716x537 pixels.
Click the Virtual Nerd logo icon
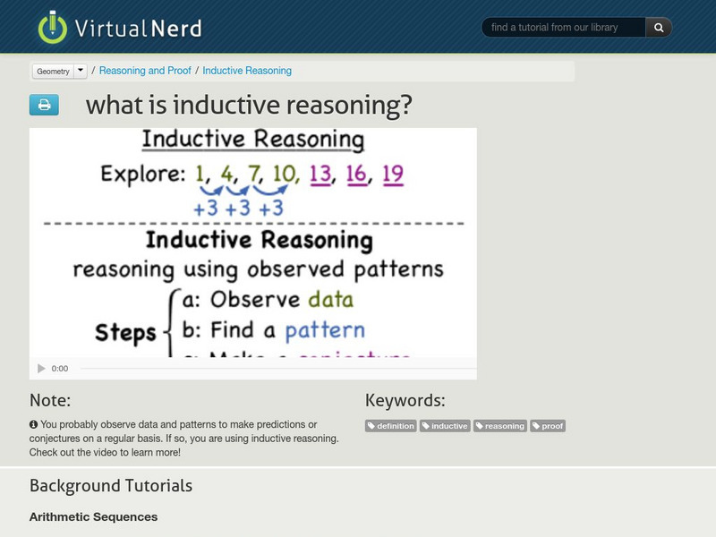pos(53,27)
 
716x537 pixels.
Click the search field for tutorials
pos(563,28)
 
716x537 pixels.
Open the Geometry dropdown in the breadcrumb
pos(81,71)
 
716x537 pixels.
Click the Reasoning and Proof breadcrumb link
pos(145,71)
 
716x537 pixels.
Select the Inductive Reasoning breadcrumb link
pos(247,71)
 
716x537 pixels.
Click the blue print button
pos(44,105)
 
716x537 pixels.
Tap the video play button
pos(41,368)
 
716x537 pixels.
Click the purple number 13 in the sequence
pos(320,174)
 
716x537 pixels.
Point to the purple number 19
pos(392,174)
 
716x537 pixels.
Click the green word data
pos(330,300)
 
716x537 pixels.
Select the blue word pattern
pos(325,330)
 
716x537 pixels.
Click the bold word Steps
pos(125,333)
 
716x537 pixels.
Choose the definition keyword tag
pos(391,426)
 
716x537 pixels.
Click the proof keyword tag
pos(548,426)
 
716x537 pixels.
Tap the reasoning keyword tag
pos(500,426)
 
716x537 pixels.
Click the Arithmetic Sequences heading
pos(93,516)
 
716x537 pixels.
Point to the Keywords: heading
pos(405,400)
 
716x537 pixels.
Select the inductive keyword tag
pos(445,426)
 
